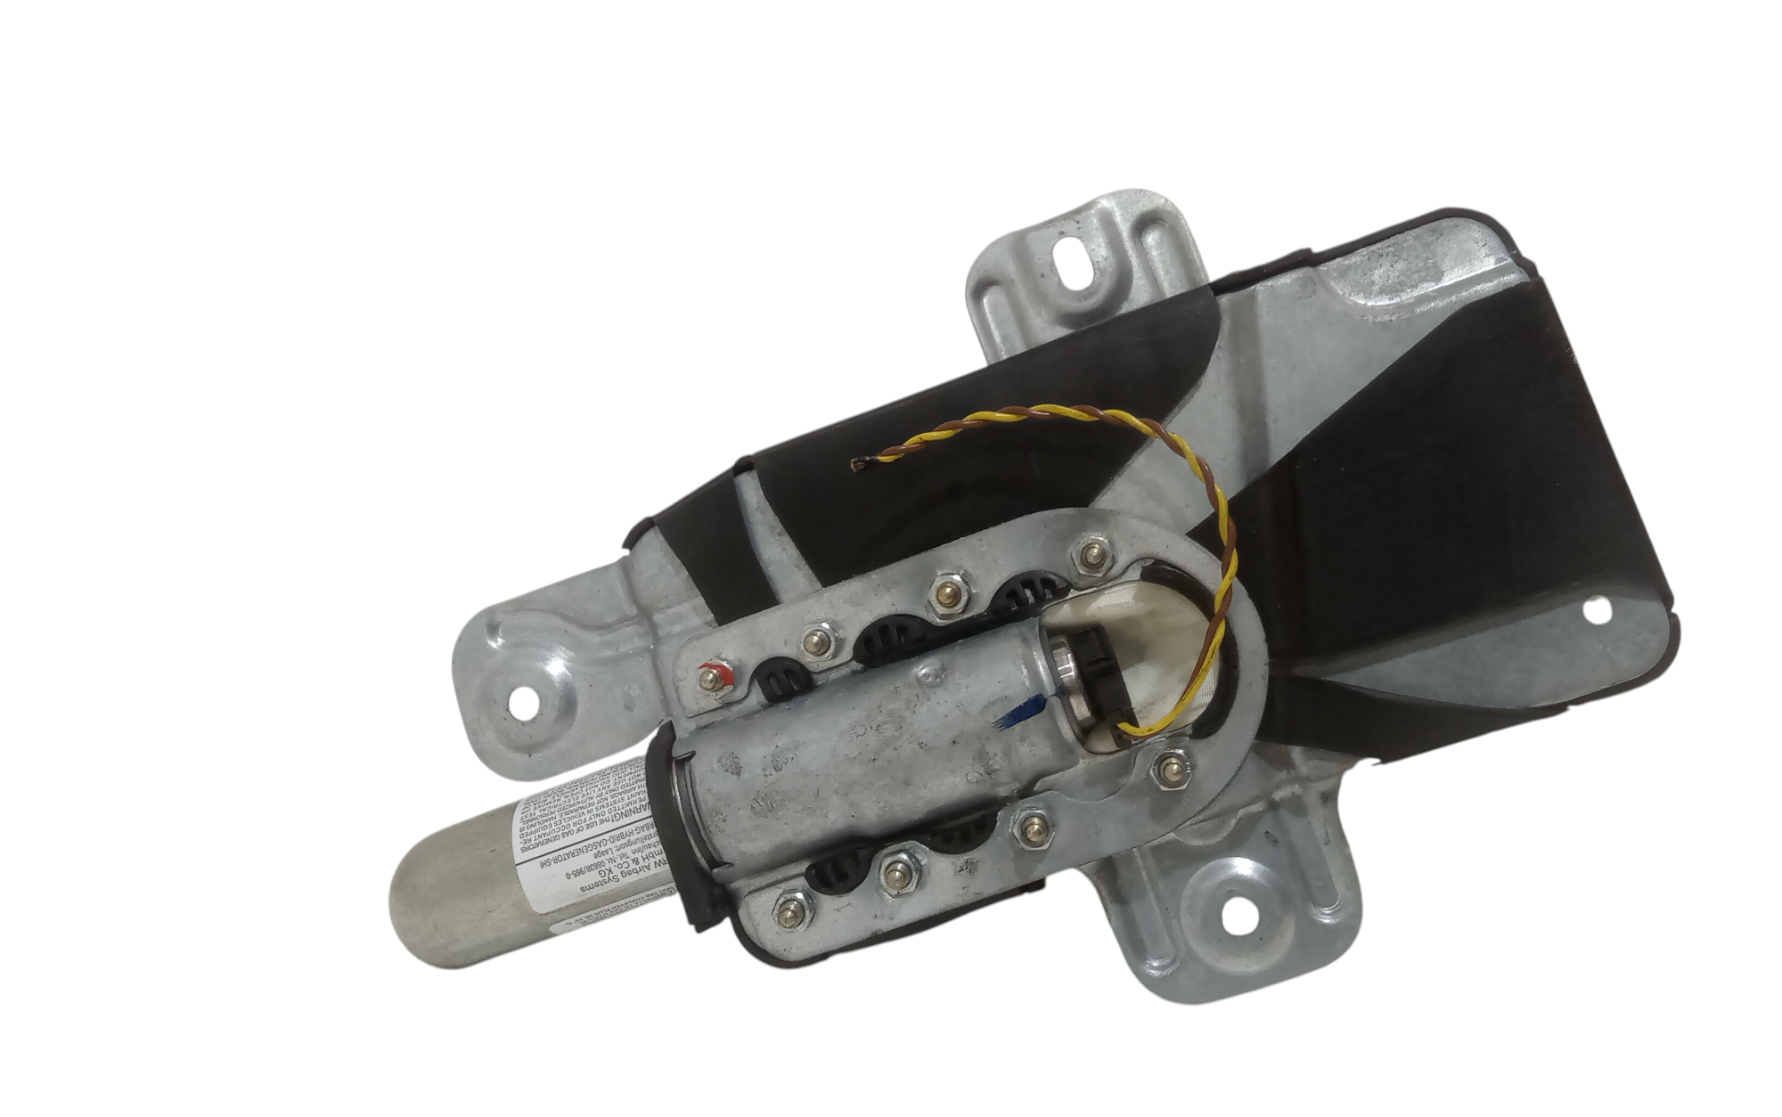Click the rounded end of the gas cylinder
point(419,891)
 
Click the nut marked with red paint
point(710,678)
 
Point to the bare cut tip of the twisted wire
point(861,462)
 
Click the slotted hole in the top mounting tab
point(1069,258)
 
